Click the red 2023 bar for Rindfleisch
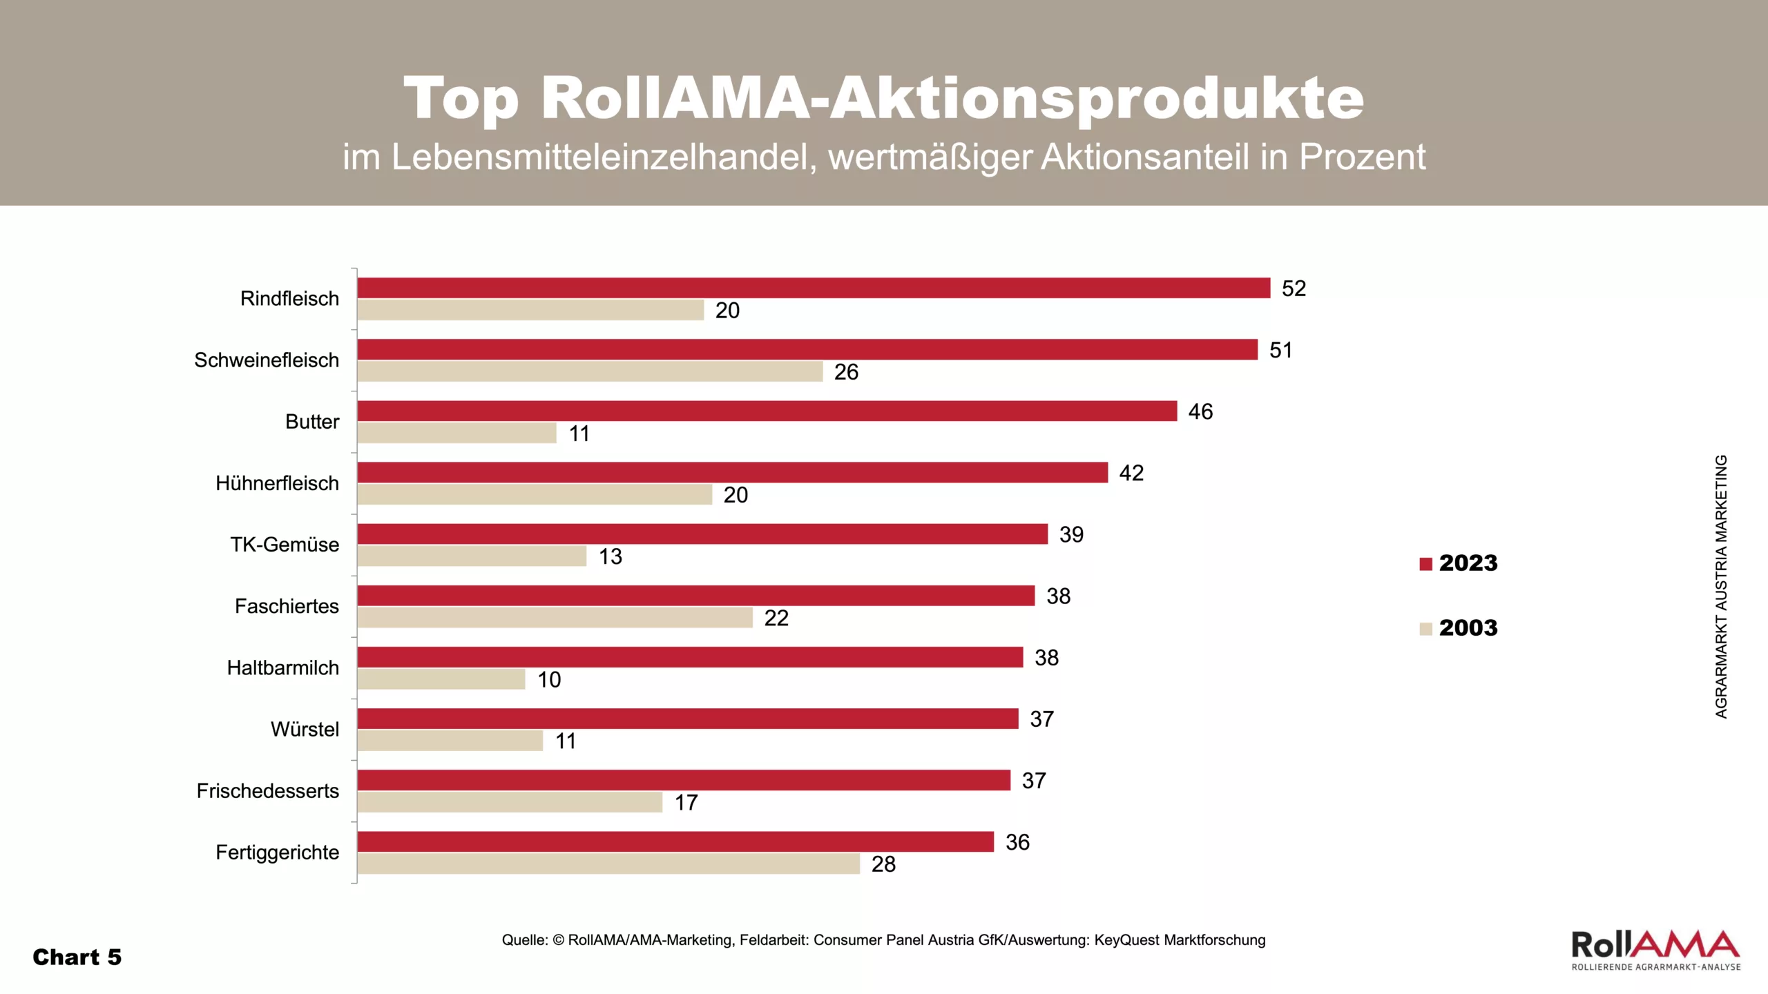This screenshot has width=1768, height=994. (814, 288)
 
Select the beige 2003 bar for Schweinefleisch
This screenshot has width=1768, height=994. (590, 372)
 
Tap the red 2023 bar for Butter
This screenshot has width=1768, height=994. (767, 411)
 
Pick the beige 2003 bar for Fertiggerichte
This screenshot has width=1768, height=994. (608, 864)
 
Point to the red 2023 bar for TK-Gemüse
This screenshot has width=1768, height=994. (702, 534)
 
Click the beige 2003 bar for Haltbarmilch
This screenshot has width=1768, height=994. (441, 679)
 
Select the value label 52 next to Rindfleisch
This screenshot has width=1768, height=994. (1294, 289)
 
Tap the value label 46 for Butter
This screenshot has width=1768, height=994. (1200, 411)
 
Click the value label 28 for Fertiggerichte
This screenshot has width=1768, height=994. (883, 864)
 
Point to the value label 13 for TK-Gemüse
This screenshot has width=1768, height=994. (610, 556)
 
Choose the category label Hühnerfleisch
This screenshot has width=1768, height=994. (277, 483)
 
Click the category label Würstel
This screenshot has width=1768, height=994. (305, 729)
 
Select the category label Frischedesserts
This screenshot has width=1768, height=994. (268, 791)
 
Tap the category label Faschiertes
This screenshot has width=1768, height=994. (287, 606)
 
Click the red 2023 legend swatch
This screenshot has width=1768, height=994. (1425, 564)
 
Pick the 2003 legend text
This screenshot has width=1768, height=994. (1468, 628)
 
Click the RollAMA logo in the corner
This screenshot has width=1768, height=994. (1655, 950)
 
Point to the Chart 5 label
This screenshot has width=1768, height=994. (77, 957)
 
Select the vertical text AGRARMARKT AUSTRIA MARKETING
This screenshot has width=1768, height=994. (1721, 586)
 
